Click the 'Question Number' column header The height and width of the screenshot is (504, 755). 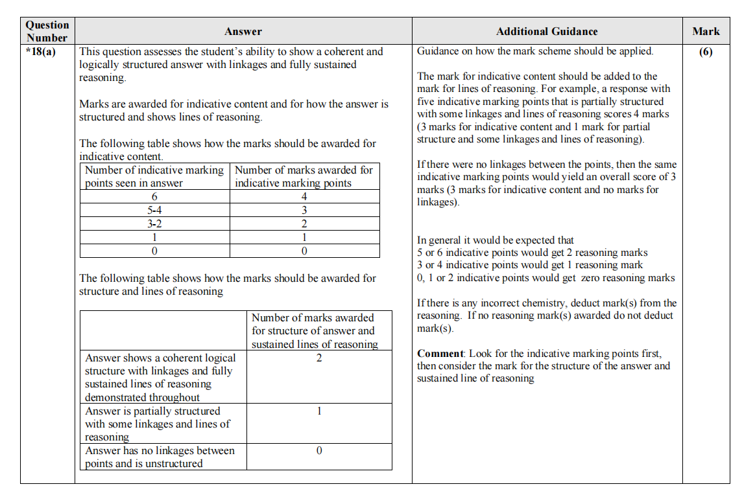click(x=47, y=31)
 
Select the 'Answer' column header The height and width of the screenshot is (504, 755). click(x=243, y=31)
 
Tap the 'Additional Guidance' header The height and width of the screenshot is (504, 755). click(x=547, y=31)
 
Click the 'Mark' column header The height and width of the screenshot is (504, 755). click(x=706, y=31)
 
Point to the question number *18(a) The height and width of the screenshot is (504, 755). click(x=41, y=52)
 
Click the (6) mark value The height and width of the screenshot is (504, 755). click(x=706, y=52)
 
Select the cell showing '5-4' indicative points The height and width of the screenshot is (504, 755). click(x=154, y=210)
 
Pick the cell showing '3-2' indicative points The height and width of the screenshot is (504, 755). click(x=154, y=223)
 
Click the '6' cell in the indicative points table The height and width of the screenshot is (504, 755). click(x=154, y=196)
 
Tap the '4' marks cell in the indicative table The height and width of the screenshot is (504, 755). click(x=304, y=196)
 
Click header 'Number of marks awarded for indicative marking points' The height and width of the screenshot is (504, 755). click(x=304, y=176)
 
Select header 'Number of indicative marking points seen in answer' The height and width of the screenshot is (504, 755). click(x=154, y=176)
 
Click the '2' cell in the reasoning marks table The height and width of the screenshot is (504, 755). click(x=319, y=358)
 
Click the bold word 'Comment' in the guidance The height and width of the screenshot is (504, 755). click(x=440, y=354)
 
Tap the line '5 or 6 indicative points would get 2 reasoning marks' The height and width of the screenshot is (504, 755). click(x=532, y=253)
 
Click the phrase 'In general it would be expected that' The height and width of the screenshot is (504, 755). click(x=496, y=240)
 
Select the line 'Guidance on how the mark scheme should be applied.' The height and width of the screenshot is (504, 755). click(x=535, y=51)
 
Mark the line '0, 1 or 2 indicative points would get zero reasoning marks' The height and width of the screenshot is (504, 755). click(x=545, y=278)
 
